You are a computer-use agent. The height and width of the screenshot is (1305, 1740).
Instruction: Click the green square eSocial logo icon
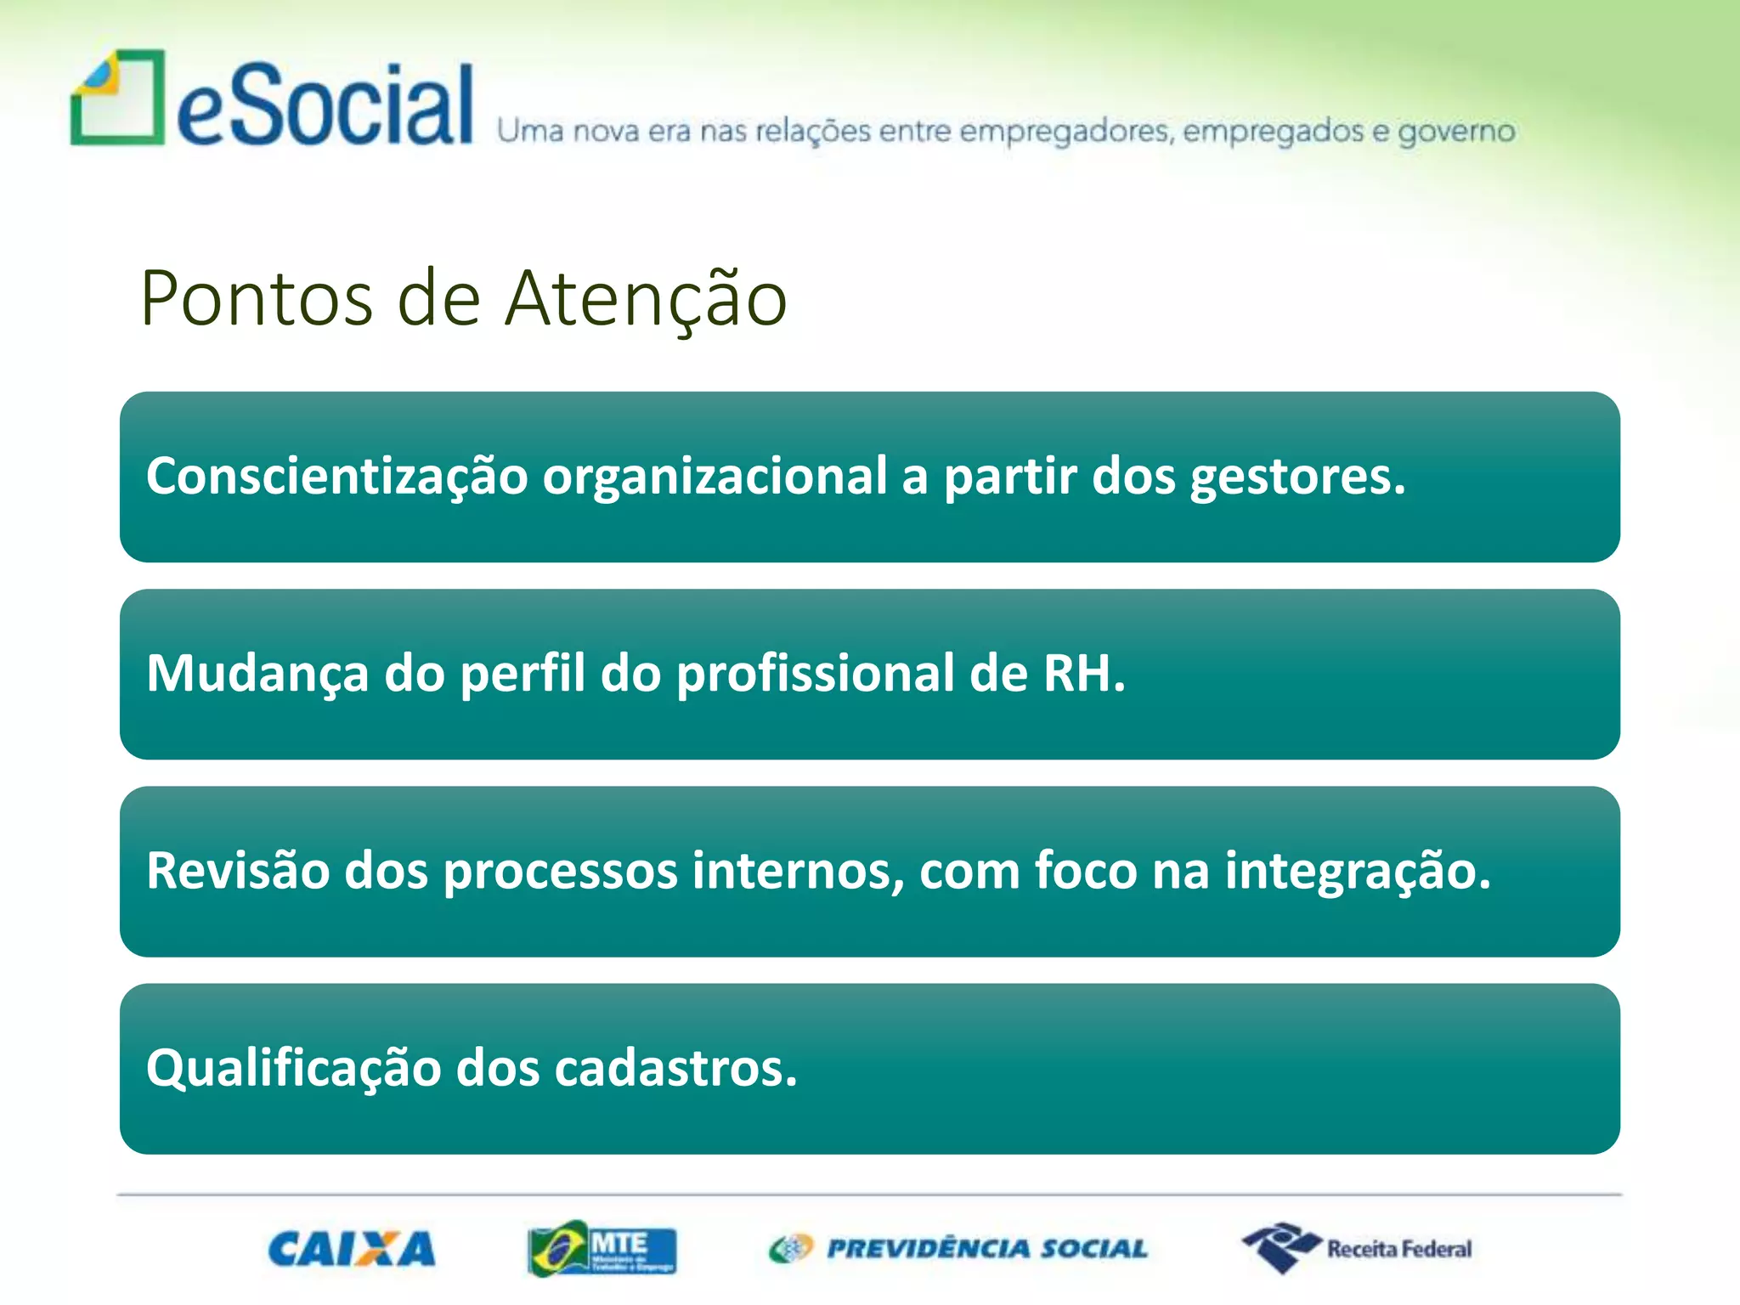coord(117,99)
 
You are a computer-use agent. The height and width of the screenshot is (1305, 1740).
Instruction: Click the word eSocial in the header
coord(325,106)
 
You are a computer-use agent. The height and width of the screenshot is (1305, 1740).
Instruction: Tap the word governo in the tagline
coord(1456,133)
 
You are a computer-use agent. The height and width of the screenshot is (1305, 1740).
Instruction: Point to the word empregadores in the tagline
coord(1065,133)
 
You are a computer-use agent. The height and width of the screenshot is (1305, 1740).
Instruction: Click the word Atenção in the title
coord(646,299)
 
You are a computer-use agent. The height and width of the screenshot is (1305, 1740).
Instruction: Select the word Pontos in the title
coord(257,299)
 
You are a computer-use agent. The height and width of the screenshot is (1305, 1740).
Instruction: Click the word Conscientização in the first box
coord(337,476)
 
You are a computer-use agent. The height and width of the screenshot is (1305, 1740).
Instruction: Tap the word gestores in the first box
coord(1297,476)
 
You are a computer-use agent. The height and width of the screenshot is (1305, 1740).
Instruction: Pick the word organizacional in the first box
coord(715,476)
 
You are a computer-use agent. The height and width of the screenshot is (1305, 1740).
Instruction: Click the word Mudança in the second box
coord(257,674)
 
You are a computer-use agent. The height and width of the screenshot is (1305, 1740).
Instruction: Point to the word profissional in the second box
coord(815,674)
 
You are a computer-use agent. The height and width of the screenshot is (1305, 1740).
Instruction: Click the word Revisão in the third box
coord(237,871)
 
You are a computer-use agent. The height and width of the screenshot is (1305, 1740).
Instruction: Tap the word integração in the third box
coord(1357,871)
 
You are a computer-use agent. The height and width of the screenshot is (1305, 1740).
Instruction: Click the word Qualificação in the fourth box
coord(293,1068)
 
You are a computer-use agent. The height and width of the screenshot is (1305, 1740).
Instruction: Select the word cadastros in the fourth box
coord(675,1068)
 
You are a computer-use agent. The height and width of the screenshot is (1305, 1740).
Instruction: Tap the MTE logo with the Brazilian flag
coord(602,1248)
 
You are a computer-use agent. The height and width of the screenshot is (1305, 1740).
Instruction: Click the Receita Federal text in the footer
coord(1399,1249)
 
